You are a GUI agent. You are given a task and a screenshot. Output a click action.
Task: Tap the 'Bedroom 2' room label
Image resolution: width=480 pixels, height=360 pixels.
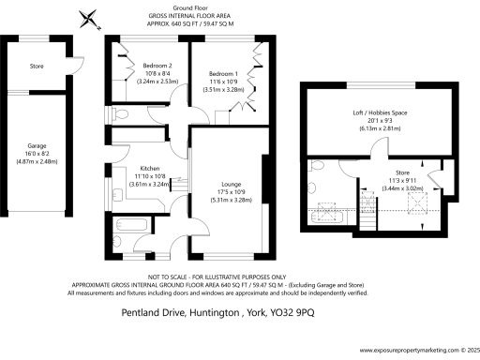152,65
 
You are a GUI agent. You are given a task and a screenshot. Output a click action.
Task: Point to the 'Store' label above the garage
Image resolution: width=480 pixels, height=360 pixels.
37,66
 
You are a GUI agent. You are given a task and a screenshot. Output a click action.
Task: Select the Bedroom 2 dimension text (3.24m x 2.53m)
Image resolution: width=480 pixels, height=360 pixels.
152,81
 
